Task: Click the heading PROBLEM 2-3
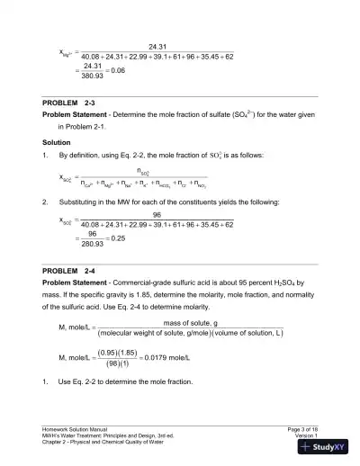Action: pos(68,103)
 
